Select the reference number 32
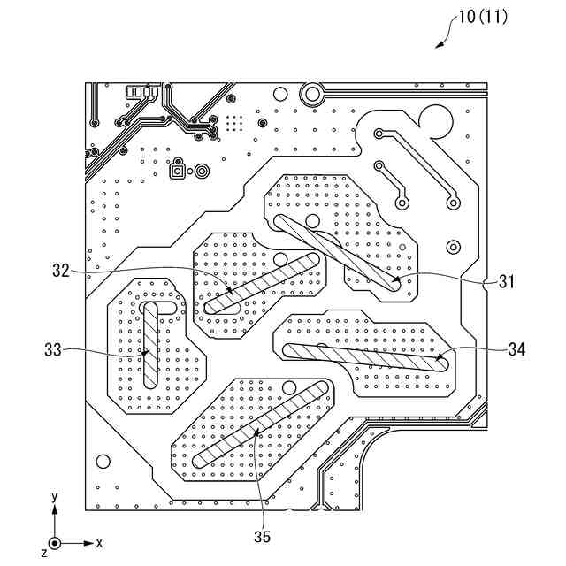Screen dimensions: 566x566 60,272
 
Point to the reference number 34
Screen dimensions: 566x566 516,349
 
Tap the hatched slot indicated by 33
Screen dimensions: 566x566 150,345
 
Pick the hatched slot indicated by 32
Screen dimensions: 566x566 262,283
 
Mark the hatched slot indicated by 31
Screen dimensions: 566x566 336,251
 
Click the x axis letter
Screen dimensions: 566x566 99,542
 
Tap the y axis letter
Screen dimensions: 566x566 55,498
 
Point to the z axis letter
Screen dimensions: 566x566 43,552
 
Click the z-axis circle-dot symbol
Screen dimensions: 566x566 55,542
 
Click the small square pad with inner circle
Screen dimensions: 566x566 177,171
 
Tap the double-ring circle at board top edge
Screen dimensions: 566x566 311,91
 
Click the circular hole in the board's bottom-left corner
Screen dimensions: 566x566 103,461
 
